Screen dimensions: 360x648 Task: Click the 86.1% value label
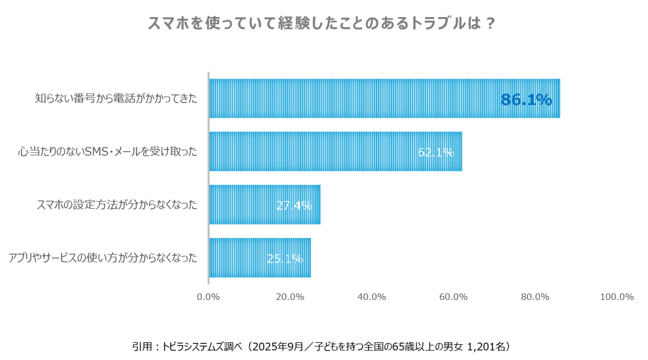point(526,99)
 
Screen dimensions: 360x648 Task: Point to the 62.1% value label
point(435,152)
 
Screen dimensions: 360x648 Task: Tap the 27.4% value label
point(294,205)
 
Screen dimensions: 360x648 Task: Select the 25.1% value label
point(284,258)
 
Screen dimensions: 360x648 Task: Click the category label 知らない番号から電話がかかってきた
point(116,99)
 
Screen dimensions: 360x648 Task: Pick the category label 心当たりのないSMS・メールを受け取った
point(107,152)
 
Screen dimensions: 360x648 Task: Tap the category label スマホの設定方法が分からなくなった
point(116,204)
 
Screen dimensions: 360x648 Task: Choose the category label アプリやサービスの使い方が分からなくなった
point(103,258)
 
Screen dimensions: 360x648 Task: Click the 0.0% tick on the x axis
point(208,297)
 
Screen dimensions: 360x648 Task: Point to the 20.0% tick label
point(290,297)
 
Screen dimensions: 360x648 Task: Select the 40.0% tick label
point(371,297)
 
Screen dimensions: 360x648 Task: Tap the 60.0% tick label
point(453,297)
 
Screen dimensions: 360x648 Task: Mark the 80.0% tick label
point(535,297)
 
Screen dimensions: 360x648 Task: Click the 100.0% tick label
point(616,297)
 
